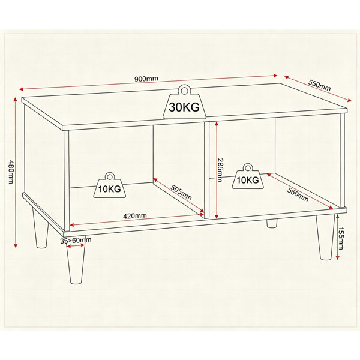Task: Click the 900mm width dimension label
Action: pos(146,79)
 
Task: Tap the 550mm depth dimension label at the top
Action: pos(319,85)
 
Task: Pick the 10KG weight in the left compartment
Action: pos(110,185)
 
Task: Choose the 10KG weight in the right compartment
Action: pos(248,176)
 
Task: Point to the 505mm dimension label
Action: pos(181,193)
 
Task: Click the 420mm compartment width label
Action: pos(135,216)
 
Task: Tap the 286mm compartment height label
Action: pos(220,170)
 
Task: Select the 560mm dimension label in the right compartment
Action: pos(298,194)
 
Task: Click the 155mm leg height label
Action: pos(341,238)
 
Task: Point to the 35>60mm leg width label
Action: pos(76,241)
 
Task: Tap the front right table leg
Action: pos(326,237)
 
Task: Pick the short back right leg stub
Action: pos(272,223)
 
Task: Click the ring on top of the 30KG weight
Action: pos(184,90)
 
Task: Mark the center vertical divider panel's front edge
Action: pos(206,170)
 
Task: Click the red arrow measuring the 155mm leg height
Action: pos(337,237)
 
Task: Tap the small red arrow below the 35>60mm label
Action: pos(76,246)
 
